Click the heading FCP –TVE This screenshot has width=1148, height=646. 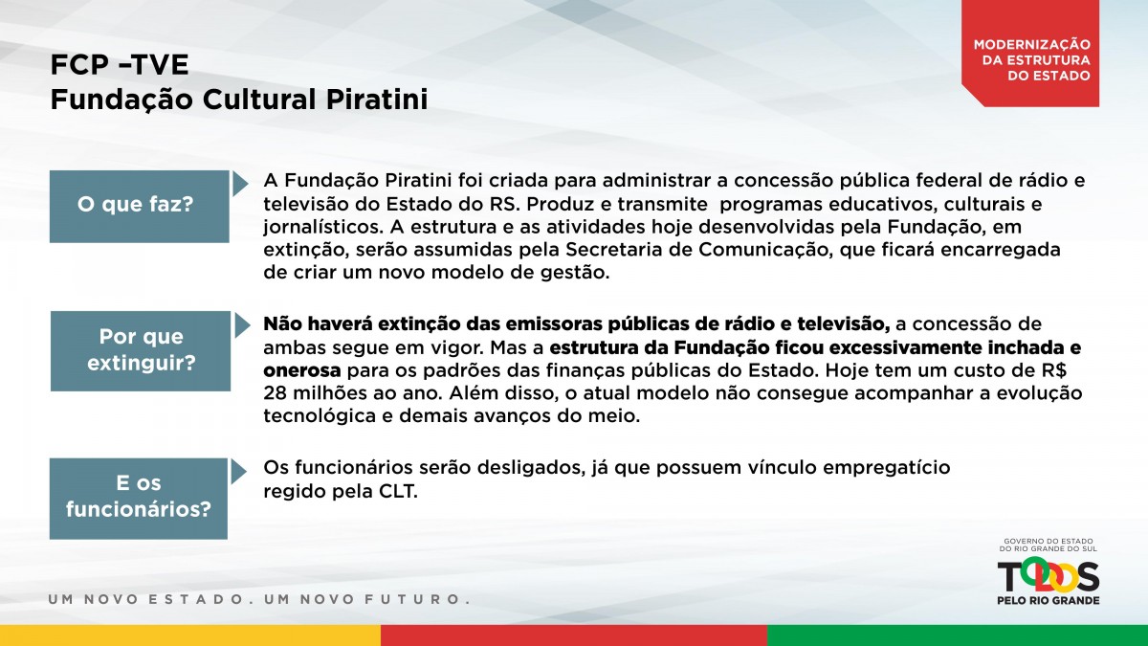120,65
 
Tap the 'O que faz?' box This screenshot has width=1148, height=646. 140,206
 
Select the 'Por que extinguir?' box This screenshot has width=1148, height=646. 141,350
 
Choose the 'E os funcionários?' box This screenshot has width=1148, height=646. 139,499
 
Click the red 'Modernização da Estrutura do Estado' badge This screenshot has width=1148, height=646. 1030,54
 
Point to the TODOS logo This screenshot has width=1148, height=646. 1049,577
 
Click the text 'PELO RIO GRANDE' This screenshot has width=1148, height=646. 1049,600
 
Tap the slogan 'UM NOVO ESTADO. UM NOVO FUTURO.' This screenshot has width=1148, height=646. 259,599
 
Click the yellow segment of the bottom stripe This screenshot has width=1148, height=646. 190,635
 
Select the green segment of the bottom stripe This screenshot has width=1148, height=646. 958,635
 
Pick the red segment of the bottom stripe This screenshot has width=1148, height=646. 574,635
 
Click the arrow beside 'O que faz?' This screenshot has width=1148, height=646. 240,184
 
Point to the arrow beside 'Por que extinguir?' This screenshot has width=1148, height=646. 242,325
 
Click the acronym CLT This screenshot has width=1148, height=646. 398,491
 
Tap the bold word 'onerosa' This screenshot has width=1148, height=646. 302,370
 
